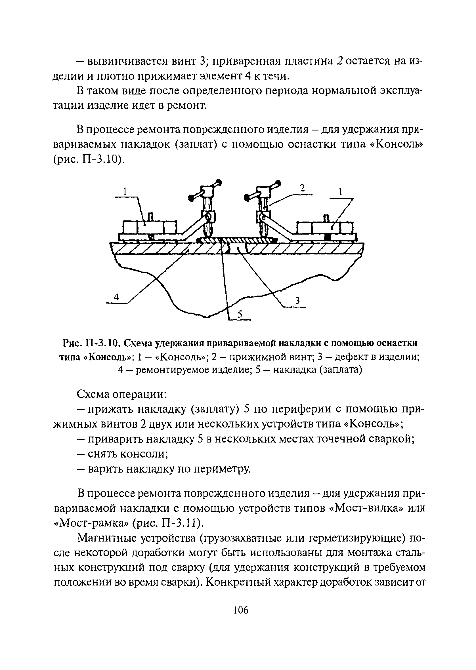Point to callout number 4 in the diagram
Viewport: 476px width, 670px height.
pos(116,297)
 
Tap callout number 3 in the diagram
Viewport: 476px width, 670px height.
pos(297,301)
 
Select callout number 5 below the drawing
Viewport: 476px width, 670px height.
pos(240,315)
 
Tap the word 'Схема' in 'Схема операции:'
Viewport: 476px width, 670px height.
pos(94,394)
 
